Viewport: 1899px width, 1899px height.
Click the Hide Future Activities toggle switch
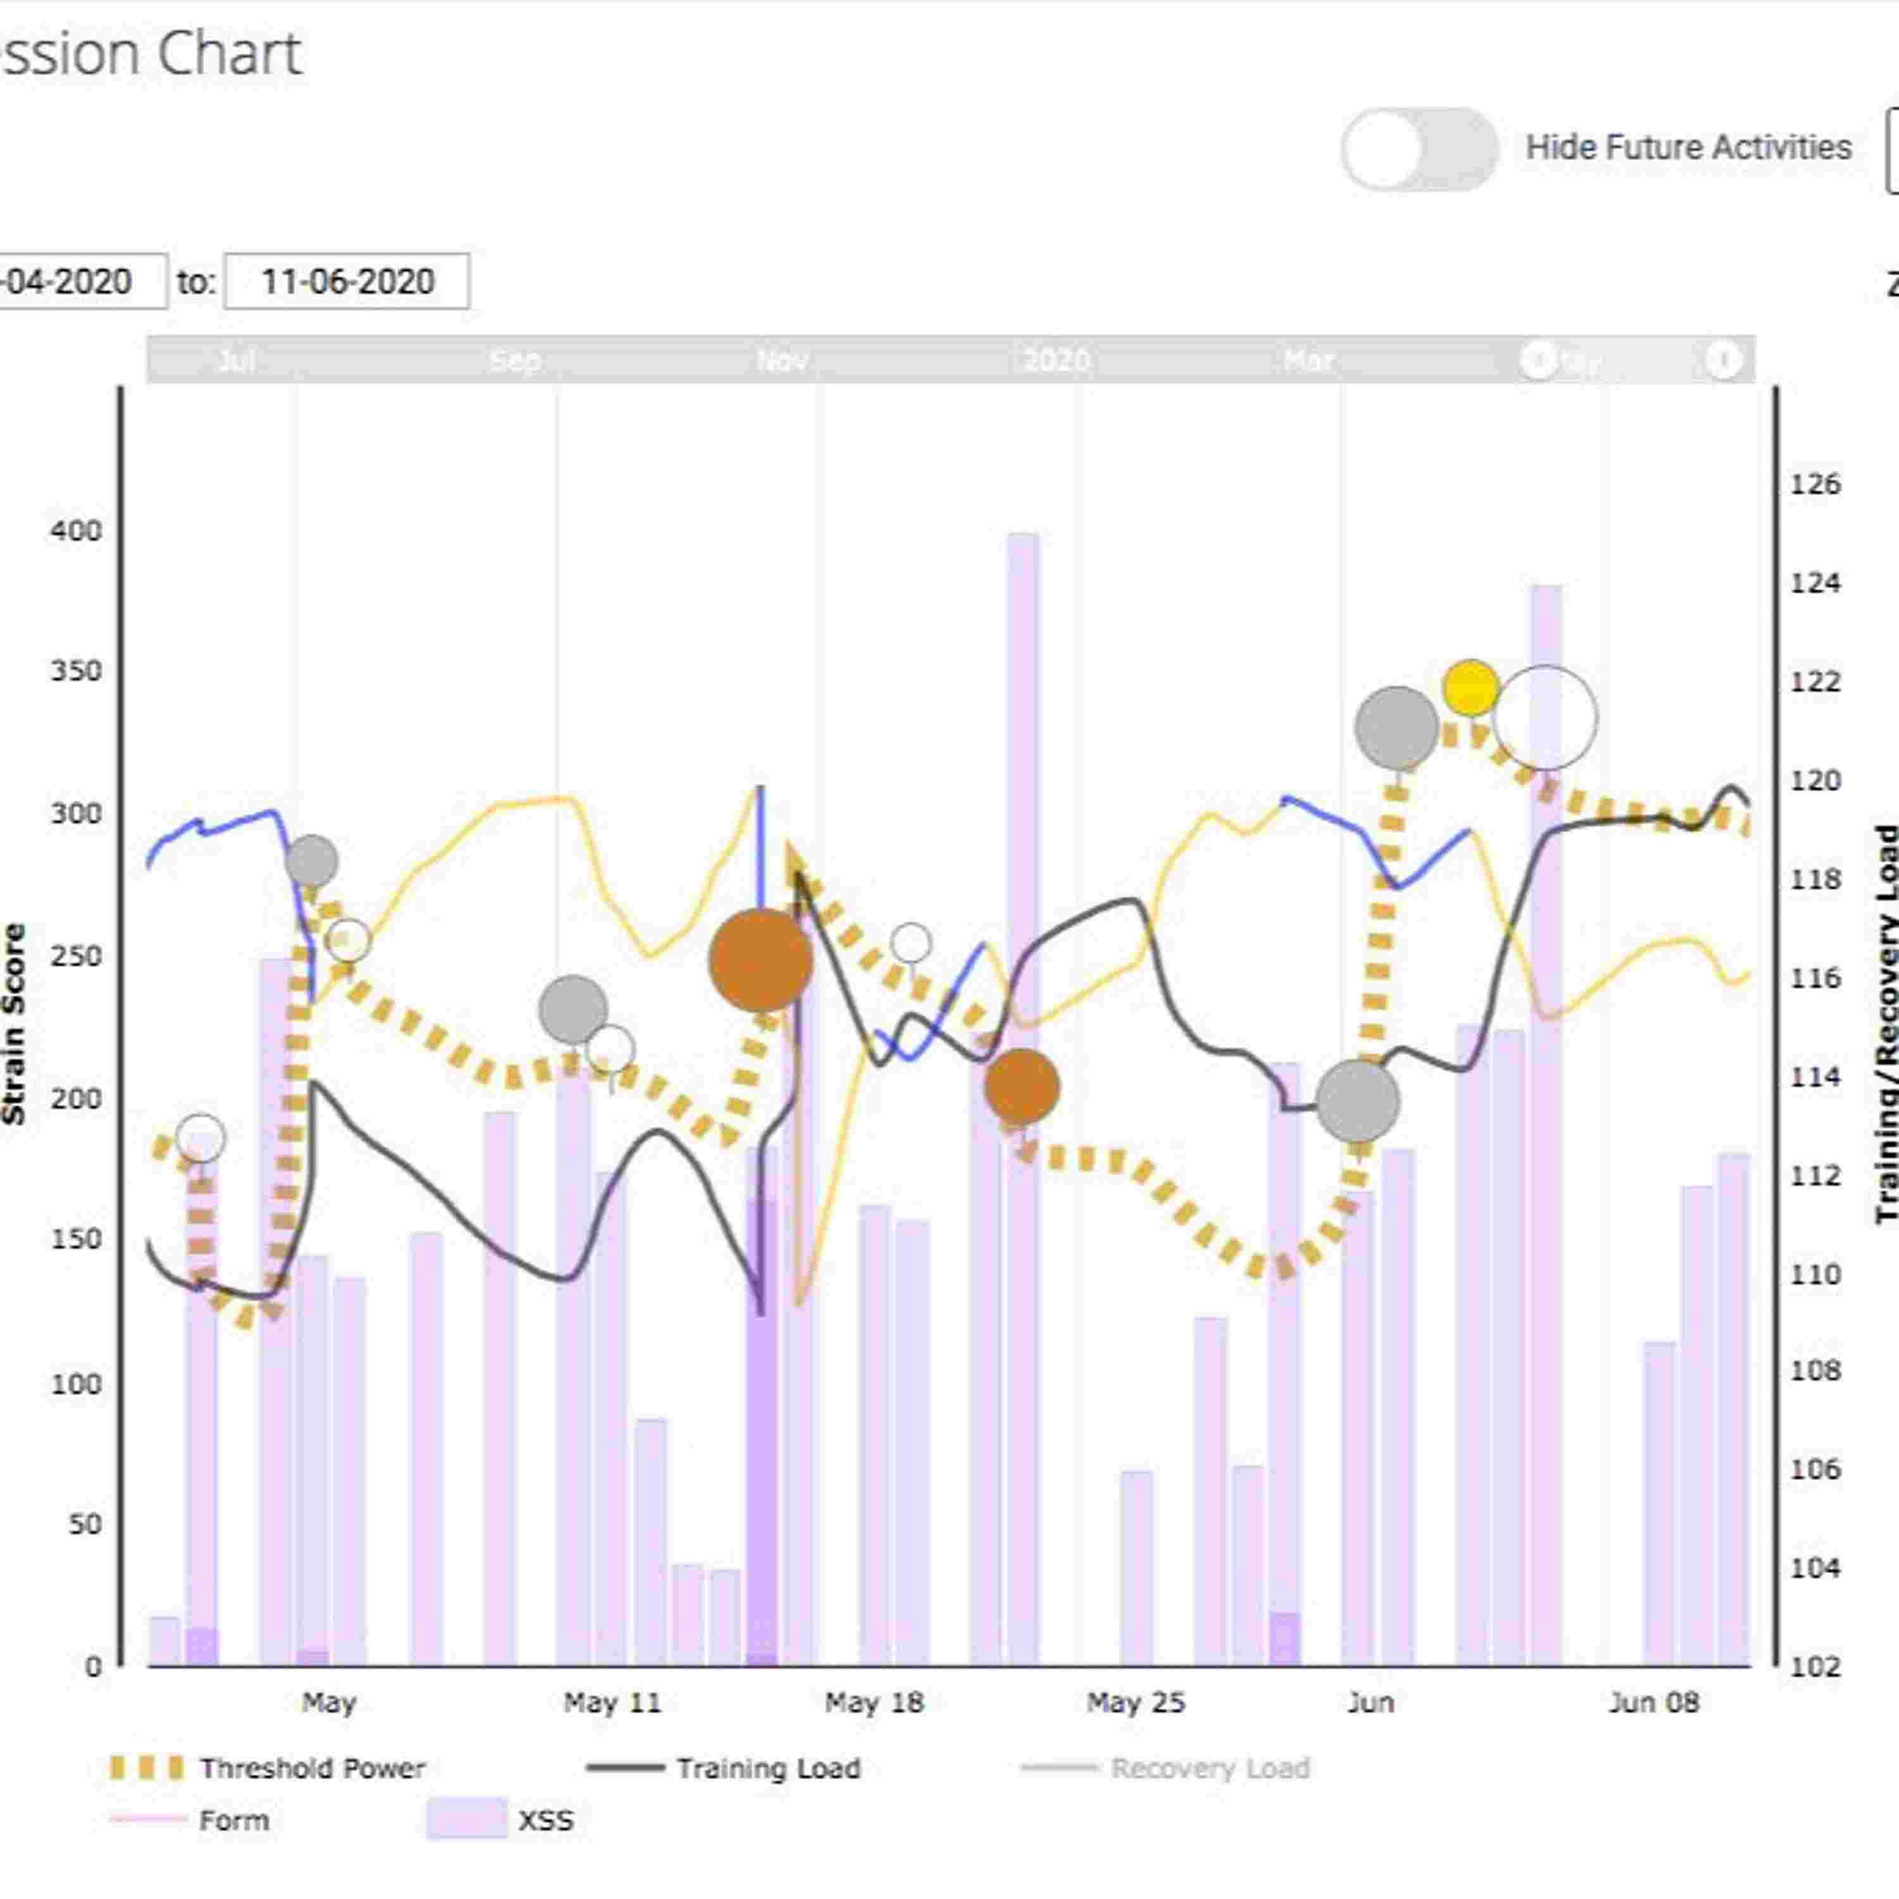coord(1419,148)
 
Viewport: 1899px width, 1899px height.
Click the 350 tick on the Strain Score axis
coord(77,672)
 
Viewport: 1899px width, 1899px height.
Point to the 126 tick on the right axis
coord(1814,485)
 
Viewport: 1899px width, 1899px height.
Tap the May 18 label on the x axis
coord(874,1702)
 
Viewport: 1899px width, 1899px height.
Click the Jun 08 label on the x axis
coord(1653,1702)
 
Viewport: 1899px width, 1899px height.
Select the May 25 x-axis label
coord(1135,1702)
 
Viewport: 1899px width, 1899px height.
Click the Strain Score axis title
coord(14,1022)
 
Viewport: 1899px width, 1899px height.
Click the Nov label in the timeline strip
coord(782,361)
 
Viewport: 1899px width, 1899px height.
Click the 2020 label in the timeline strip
coord(1056,361)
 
